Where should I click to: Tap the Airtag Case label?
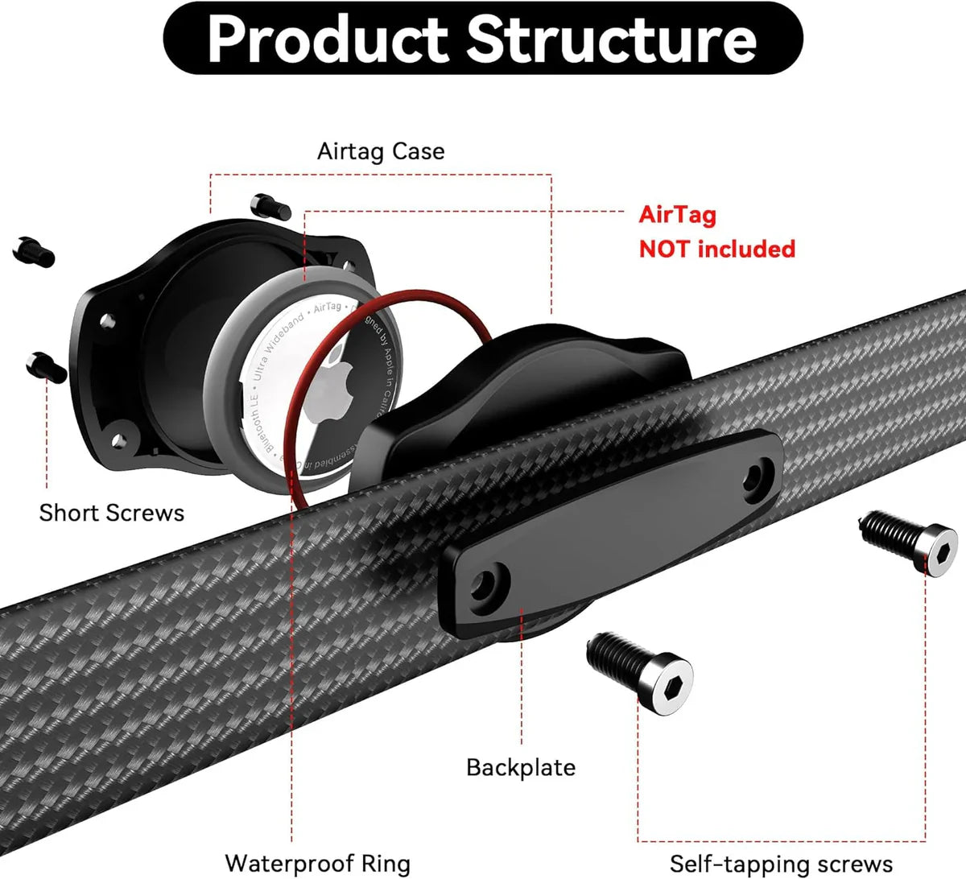pos(381,151)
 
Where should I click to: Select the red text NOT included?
pos(716,249)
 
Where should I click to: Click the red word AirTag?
pos(677,215)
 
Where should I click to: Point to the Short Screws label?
pos(112,513)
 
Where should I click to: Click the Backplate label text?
pos(521,767)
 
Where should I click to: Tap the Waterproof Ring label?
pos(317,864)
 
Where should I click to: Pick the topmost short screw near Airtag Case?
pos(270,205)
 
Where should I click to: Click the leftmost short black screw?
pos(34,251)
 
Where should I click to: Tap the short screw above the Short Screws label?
pos(46,367)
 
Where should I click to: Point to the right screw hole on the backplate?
pos(754,477)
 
